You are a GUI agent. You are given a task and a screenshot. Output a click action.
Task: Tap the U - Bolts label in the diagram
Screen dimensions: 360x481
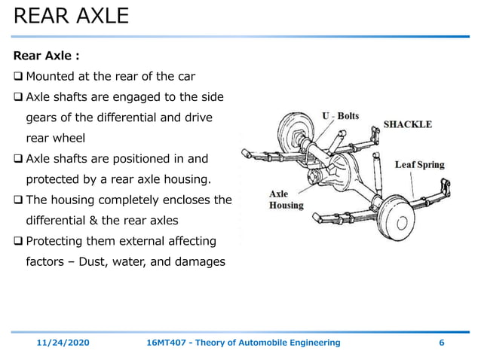(x=341, y=116)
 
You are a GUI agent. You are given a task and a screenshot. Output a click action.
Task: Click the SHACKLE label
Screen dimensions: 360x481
(x=408, y=124)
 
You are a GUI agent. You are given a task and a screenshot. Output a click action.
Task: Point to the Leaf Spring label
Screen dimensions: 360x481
(x=420, y=164)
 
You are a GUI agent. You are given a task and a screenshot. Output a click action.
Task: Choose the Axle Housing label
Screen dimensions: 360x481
(x=286, y=200)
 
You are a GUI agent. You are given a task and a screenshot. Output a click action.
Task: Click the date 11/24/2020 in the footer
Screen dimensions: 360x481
(x=63, y=343)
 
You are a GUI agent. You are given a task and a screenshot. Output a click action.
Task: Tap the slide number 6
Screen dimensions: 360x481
(x=441, y=343)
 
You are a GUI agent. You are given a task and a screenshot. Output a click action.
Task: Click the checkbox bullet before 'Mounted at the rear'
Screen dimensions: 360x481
(x=19, y=77)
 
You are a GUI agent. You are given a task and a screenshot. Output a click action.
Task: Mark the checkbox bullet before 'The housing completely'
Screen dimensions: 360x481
(x=19, y=200)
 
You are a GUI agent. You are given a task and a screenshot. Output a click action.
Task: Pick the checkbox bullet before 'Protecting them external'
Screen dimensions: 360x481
(x=19, y=241)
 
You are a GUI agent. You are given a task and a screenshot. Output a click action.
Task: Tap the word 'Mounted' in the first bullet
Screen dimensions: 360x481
(x=51, y=77)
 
